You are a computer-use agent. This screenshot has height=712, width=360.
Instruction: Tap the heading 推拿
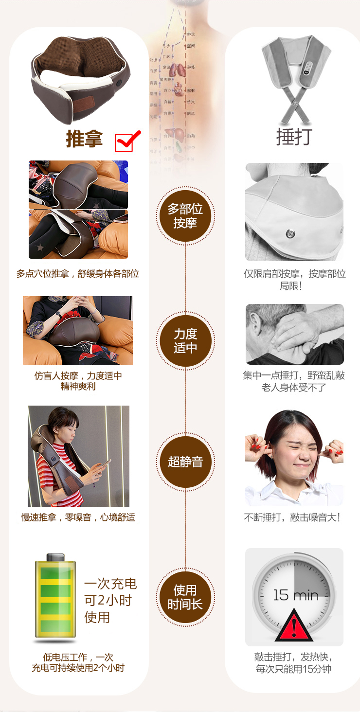pos(84,139)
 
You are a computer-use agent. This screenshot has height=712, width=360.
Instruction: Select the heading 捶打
pos(294,137)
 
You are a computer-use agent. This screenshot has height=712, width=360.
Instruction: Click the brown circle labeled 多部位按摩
pos(185,216)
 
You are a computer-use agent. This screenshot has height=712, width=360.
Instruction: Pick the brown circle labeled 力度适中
pos(185,340)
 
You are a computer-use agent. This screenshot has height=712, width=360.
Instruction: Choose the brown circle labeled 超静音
pos(185,462)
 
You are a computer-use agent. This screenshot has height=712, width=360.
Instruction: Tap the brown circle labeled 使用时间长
pos(185,597)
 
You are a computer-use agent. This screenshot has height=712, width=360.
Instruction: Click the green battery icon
pos(55,596)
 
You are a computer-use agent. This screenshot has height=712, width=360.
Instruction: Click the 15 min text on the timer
pos(295,595)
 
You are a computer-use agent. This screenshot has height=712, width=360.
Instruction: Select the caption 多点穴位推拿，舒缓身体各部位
pos(78,274)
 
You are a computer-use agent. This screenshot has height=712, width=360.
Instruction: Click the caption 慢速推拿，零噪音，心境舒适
pos(78,517)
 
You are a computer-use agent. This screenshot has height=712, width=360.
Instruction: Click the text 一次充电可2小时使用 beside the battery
pos(110,600)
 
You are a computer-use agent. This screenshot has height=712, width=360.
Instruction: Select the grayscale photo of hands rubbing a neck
pos(294,334)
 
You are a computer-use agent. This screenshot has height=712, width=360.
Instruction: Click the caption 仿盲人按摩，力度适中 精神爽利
pos(78,381)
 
